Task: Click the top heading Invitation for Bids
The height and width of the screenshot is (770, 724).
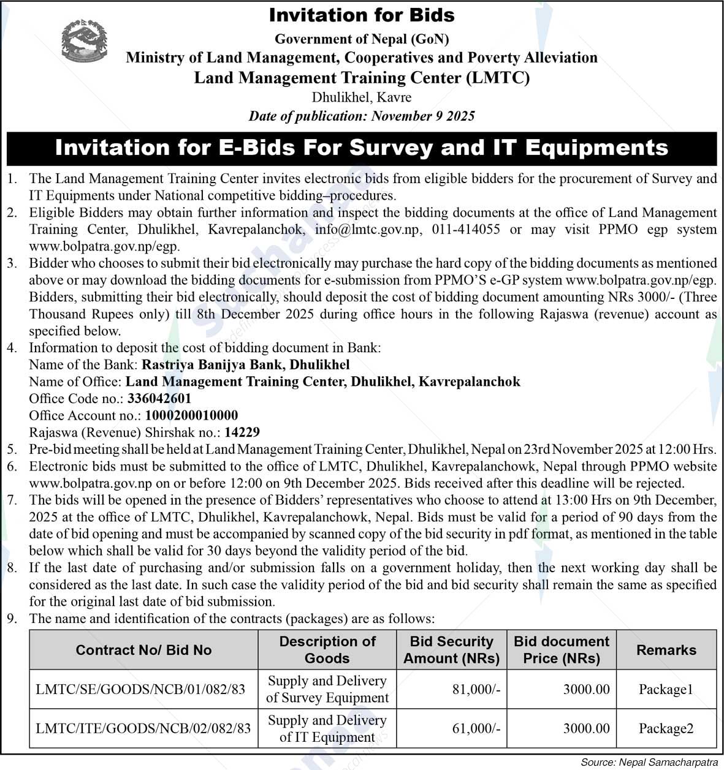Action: tap(362, 15)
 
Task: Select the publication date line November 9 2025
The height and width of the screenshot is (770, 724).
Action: tap(362, 116)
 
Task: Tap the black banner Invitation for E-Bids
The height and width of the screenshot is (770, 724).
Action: tap(362, 148)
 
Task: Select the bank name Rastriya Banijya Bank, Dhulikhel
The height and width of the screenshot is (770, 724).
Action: tap(246, 364)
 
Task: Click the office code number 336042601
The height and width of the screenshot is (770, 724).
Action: tap(159, 398)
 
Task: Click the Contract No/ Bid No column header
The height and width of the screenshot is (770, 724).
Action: tap(143, 650)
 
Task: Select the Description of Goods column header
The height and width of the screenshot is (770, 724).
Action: tap(327, 650)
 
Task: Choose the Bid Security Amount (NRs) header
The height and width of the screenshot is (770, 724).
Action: tap(451, 650)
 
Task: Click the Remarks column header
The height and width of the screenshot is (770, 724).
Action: tap(666, 650)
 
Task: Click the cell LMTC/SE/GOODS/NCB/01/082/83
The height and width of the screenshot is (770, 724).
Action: tap(140, 689)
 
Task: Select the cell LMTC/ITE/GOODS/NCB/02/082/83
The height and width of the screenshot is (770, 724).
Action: tap(143, 728)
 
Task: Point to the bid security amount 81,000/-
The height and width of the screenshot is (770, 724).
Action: tap(476, 689)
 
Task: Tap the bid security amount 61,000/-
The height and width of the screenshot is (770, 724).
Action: tap(476, 728)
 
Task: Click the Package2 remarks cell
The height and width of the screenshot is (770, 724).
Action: tap(666, 728)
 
